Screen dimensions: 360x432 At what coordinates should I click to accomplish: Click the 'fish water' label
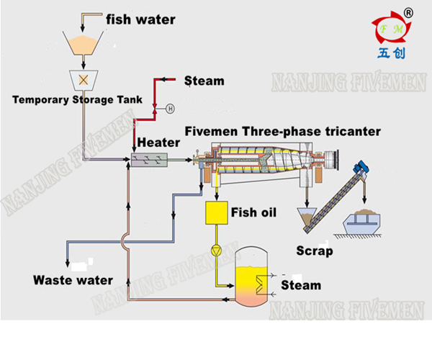[140, 19]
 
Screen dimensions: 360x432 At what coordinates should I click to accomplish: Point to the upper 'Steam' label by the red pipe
[204, 81]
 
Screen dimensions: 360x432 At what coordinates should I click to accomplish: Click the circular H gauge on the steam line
[171, 109]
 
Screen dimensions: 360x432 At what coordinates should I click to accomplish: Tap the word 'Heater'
[159, 142]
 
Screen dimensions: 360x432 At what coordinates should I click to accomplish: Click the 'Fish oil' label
[253, 212]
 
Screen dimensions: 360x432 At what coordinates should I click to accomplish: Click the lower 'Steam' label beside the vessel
[301, 286]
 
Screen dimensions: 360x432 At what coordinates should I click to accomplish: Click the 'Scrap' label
[315, 251]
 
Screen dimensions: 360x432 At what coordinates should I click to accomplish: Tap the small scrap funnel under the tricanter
[307, 215]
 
